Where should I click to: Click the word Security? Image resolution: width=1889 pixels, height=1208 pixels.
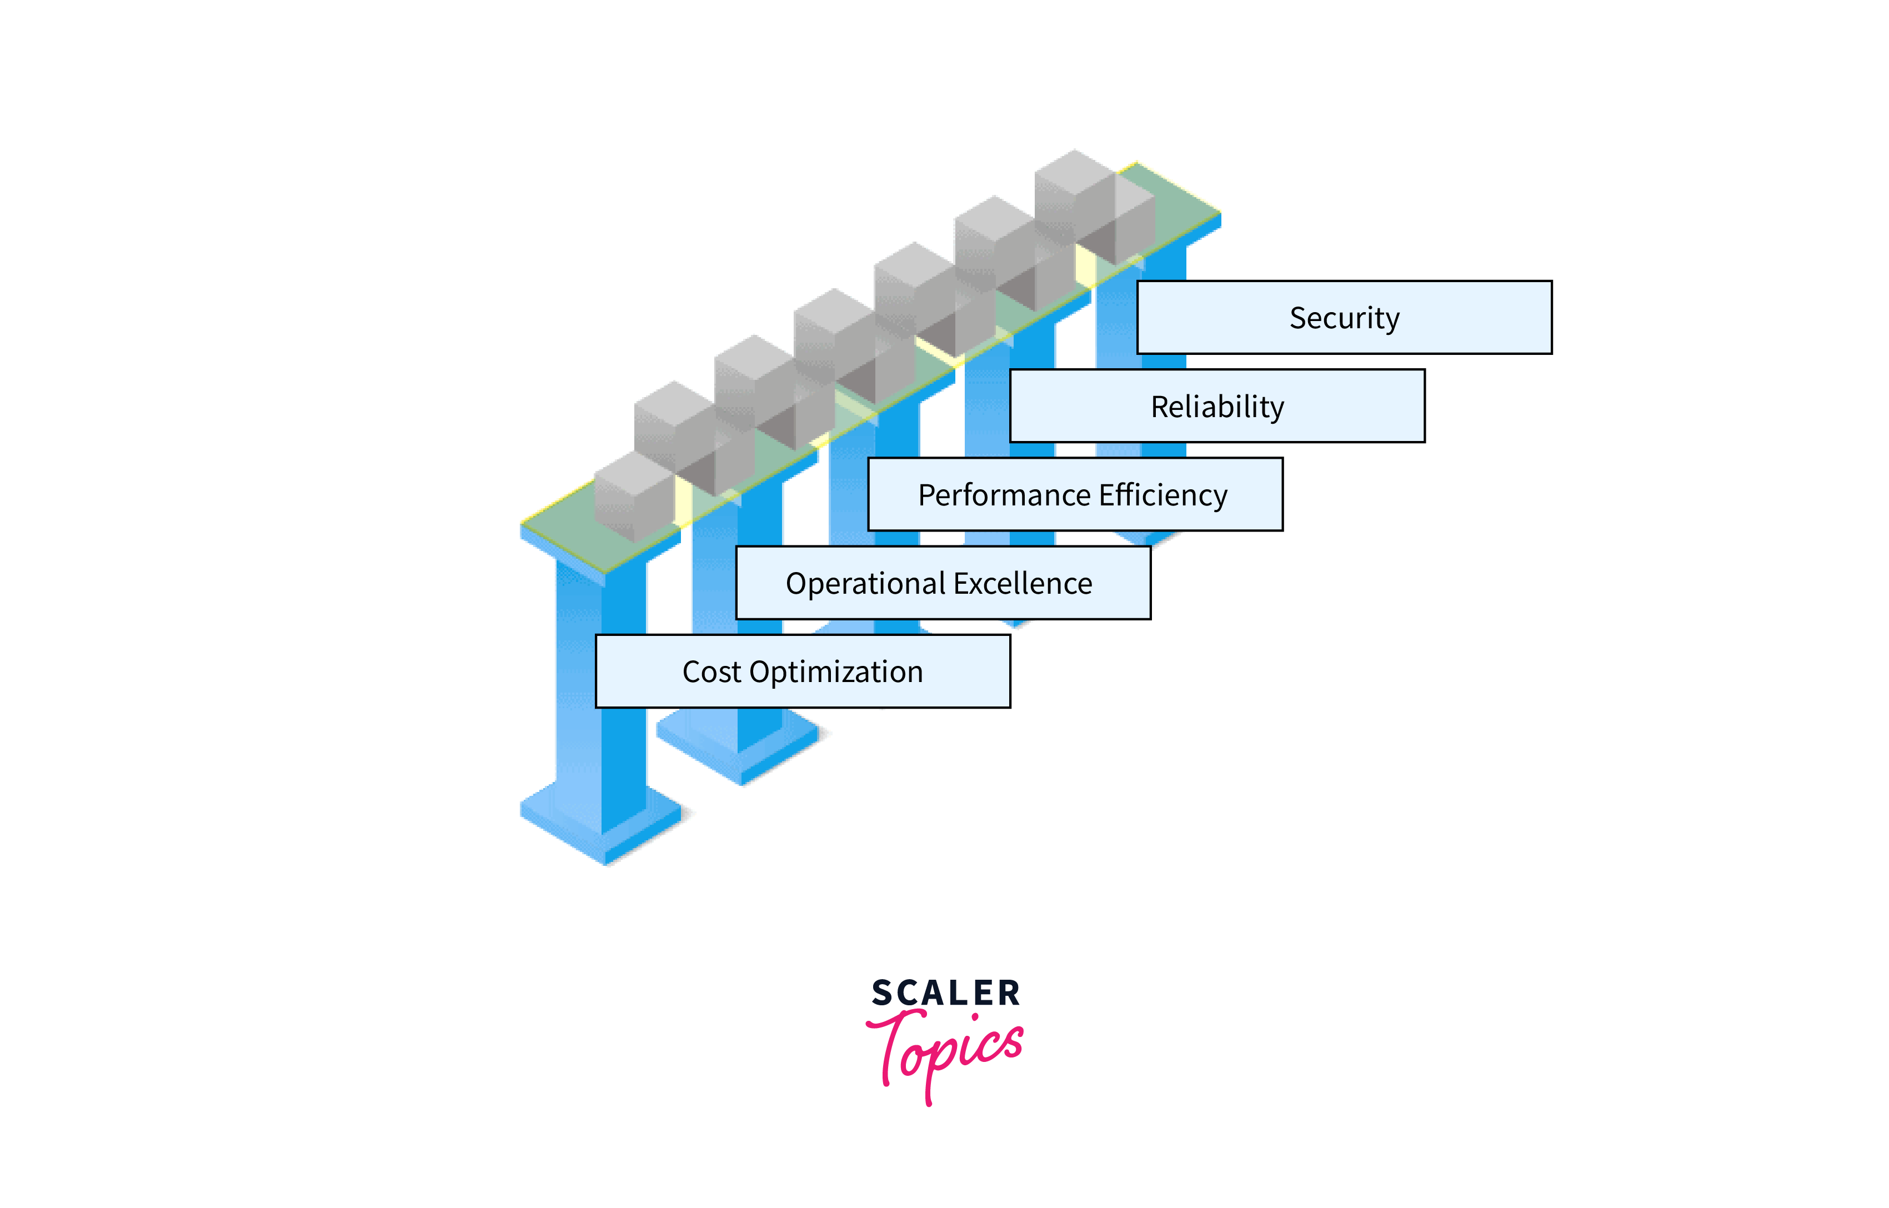(1344, 318)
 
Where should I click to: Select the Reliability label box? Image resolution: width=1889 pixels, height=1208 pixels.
(1217, 407)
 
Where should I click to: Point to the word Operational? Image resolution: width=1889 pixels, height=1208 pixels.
(865, 584)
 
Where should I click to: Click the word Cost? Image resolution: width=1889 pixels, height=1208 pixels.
(711, 672)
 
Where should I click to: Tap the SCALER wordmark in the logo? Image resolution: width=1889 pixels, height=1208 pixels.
(945, 993)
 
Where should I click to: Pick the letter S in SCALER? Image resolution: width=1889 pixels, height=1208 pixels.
(883, 993)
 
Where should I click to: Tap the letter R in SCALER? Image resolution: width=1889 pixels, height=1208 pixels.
(1009, 993)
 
